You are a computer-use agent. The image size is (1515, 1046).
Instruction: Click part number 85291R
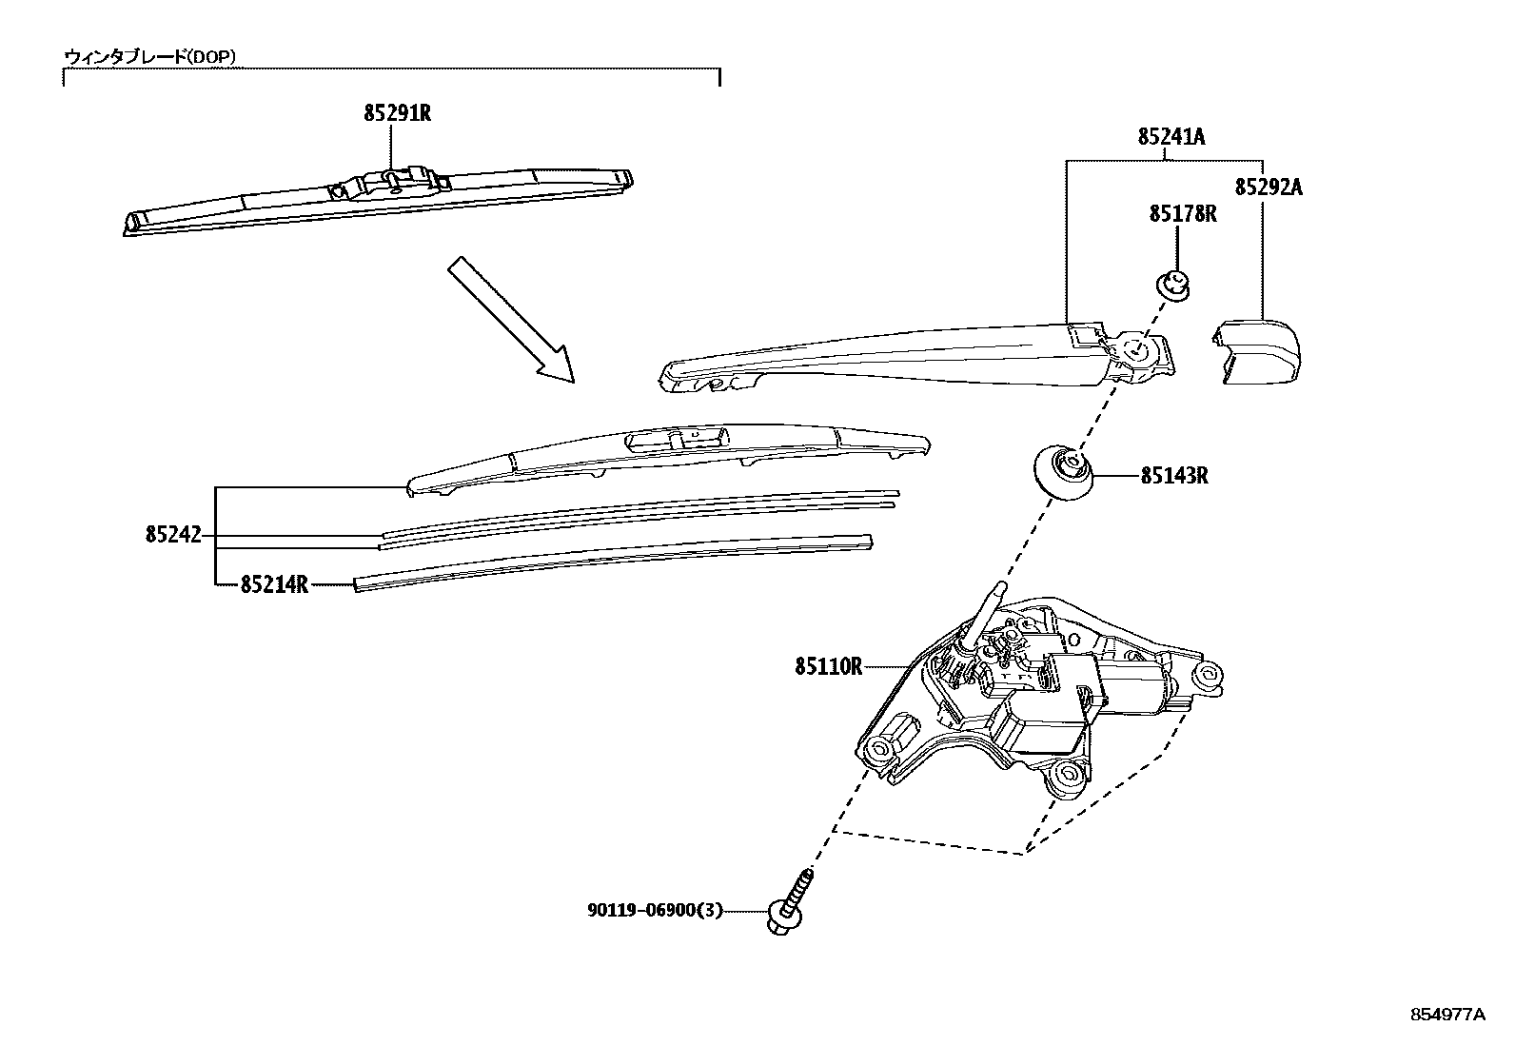[397, 113]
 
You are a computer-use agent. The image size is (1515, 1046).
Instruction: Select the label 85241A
[1171, 137]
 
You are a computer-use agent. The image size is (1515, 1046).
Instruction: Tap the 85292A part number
[1269, 187]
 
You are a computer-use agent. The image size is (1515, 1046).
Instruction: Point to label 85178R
[1183, 214]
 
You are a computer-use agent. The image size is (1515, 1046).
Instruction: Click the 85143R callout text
[1174, 475]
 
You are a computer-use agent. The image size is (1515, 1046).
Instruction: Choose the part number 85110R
[828, 667]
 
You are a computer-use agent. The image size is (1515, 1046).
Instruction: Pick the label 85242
[173, 535]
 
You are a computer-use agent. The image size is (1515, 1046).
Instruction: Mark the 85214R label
[274, 584]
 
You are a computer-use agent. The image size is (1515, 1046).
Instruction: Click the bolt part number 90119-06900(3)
[655, 911]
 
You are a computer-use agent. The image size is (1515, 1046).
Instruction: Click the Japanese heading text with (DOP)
[149, 57]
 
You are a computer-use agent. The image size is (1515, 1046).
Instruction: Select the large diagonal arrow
[512, 319]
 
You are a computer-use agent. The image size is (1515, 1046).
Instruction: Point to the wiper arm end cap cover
[1257, 352]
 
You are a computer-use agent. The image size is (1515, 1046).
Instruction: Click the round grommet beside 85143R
[1064, 472]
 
